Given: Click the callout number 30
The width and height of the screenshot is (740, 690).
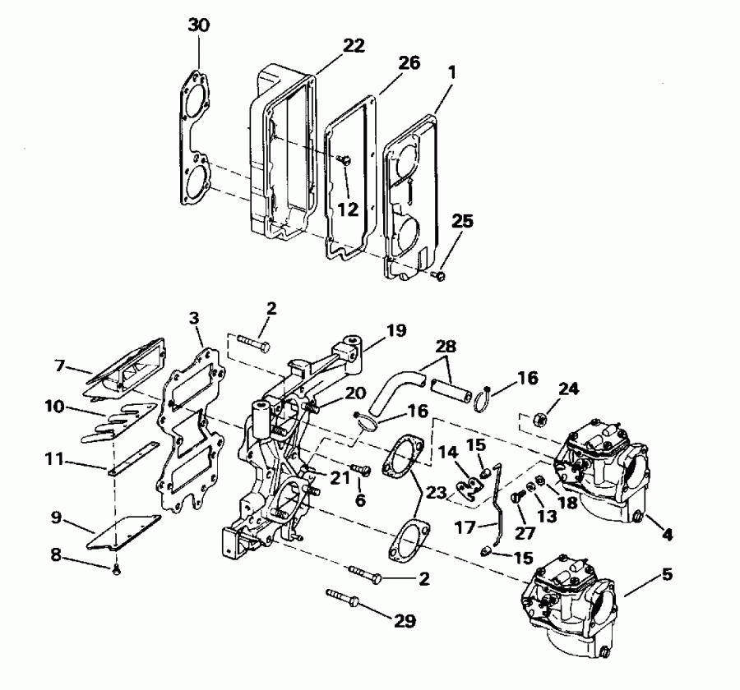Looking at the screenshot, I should [x=199, y=25].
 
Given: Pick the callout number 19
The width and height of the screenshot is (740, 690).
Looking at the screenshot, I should [x=397, y=331].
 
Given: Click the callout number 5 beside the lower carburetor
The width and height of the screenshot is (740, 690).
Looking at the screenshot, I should [x=666, y=574].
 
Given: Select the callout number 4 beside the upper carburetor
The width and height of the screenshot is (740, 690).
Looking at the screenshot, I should [x=668, y=534].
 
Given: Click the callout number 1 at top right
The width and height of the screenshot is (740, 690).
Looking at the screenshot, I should [x=451, y=71].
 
